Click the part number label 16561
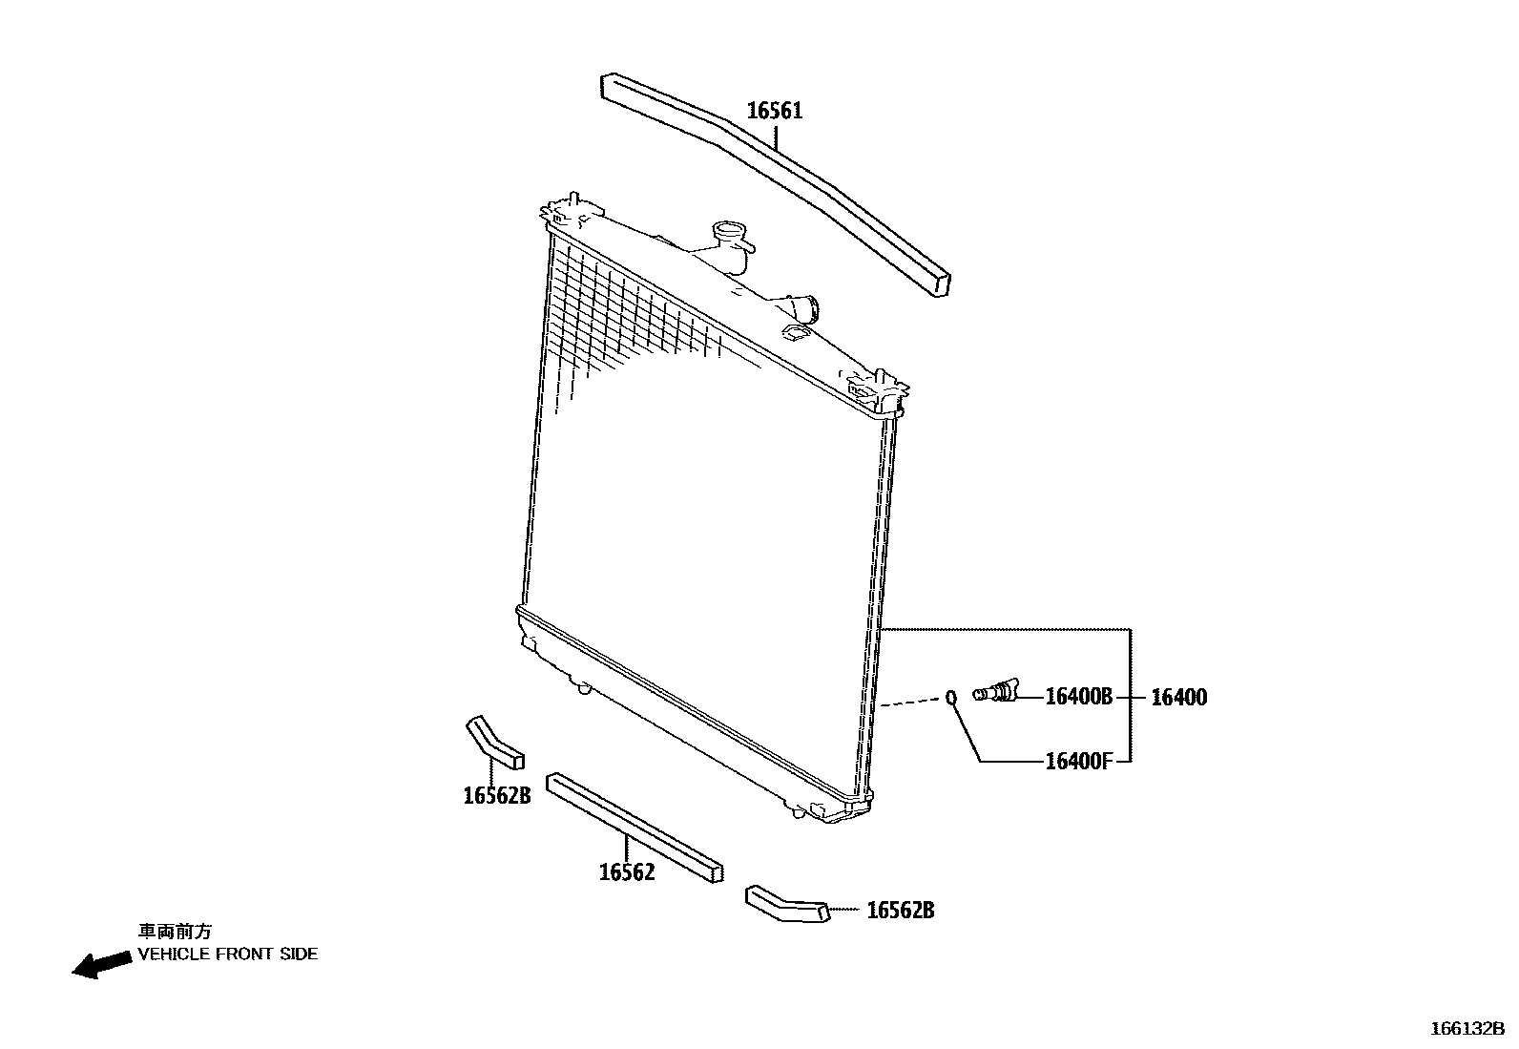coord(774,111)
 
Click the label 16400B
coord(1078,697)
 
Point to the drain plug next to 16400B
coord(996,691)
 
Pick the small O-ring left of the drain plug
coord(950,698)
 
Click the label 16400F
coord(1078,762)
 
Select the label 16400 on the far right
coord(1178,698)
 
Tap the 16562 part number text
coord(627,871)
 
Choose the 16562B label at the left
coord(496,795)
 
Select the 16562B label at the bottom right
coord(900,911)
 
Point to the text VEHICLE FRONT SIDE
coord(228,954)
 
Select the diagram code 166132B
coord(1467,1029)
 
